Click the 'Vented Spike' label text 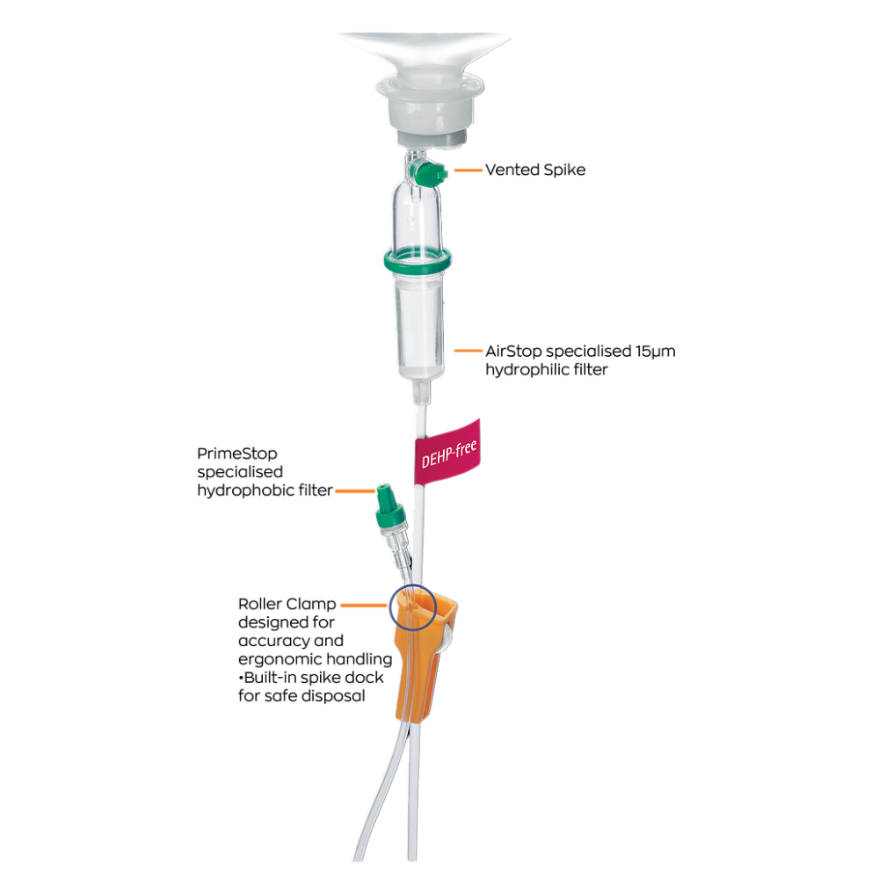535,170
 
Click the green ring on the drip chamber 418,261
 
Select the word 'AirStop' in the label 513,351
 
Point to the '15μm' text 656,352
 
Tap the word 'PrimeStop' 237,454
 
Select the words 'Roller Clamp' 287,604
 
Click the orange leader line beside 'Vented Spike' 469,170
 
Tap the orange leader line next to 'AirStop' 469,351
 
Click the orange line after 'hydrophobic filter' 355,491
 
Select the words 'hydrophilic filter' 547,369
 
